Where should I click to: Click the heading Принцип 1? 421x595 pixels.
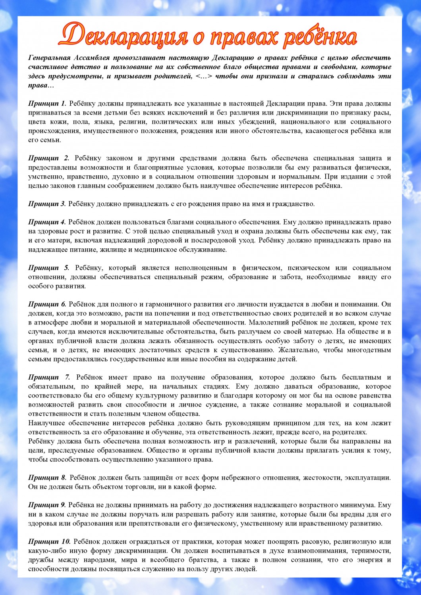[47, 104]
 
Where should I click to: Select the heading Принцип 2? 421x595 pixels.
[48, 158]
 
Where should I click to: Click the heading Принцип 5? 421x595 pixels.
[48, 268]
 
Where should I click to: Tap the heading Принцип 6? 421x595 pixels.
[47, 304]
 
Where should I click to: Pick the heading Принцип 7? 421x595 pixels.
[49, 377]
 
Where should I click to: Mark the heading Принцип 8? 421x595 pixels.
[47, 478]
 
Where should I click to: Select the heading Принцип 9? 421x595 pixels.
[47, 505]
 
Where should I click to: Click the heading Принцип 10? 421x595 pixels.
[49, 541]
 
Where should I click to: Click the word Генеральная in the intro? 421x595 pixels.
[50, 58]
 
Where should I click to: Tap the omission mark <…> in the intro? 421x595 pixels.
[204, 76]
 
